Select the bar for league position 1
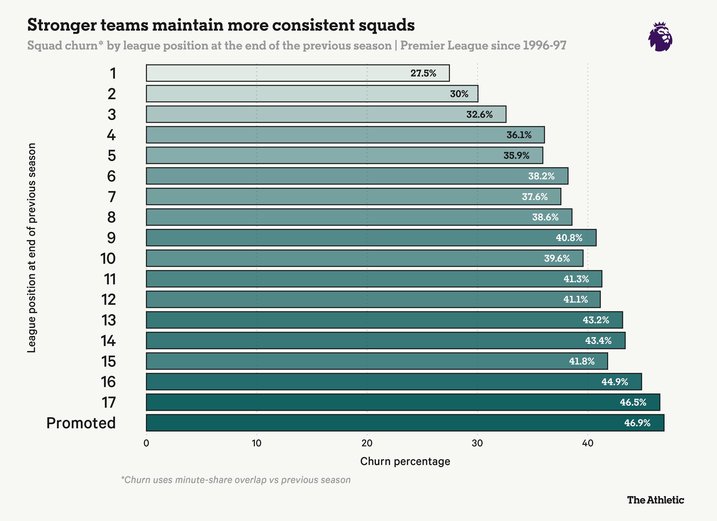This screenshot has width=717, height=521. click(297, 73)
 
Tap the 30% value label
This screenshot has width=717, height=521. click(459, 94)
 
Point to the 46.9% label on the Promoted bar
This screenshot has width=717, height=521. click(637, 423)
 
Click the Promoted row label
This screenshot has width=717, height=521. click(81, 423)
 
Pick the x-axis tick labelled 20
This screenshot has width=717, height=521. click(367, 443)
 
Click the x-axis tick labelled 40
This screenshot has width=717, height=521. click(587, 443)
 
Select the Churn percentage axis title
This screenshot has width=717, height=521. click(405, 461)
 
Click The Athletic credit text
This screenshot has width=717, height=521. click(655, 500)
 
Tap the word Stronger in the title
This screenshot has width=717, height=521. click(62, 25)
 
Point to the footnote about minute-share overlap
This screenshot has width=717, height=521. click(236, 480)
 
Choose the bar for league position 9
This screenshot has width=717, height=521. click(371, 237)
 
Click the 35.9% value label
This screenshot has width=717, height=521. click(516, 155)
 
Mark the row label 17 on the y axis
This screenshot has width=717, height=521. click(108, 402)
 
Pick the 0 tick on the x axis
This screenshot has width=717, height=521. click(146, 443)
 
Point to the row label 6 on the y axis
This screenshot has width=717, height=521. click(111, 176)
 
